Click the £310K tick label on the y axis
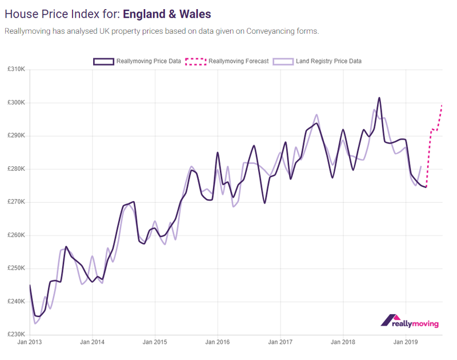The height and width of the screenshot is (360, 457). pyautogui.click(x=16, y=70)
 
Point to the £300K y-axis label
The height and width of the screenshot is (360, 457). pyautogui.click(x=16, y=103)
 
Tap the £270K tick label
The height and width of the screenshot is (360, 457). pyautogui.click(x=16, y=202)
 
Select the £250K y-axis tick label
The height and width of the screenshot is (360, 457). pyautogui.click(x=16, y=269)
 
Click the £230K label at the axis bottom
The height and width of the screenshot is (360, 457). pyautogui.click(x=16, y=335)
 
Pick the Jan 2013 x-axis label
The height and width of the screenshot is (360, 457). pyautogui.click(x=30, y=343)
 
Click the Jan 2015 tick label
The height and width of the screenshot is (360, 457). pyautogui.click(x=155, y=343)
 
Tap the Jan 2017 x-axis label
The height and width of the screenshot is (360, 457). pyautogui.click(x=280, y=343)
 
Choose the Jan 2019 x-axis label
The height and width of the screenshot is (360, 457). pyautogui.click(x=405, y=343)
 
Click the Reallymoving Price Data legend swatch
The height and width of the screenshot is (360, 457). pyautogui.click(x=103, y=61)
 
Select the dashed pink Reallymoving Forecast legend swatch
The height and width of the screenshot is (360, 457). pyautogui.click(x=195, y=61)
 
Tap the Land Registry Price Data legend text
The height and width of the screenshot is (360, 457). pyautogui.click(x=328, y=61)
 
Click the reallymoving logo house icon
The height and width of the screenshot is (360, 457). pyautogui.click(x=391, y=320)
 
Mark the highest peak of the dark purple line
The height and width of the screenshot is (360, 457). pyautogui.click(x=379, y=98)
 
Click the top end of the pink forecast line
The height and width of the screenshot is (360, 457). pyautogui.click(x=442, y=105)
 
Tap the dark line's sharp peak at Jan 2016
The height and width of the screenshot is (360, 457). pyautogui.click(x=218, y=153)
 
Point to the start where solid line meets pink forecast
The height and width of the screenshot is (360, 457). pyautogui.click(x=426, y=187)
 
